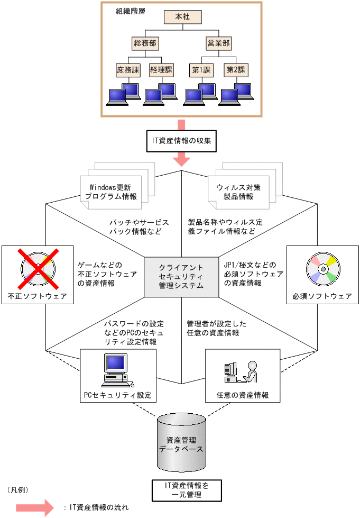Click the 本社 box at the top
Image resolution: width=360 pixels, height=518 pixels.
[182, 16]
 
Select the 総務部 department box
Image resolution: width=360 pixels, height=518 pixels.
[146, 42]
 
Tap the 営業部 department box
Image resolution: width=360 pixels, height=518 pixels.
[219, 42]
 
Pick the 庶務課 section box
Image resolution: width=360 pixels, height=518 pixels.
[127, 69]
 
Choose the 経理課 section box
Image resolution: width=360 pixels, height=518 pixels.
[161, 69]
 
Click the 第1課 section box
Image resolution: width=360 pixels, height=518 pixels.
[201, 69]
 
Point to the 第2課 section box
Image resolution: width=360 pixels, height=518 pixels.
[236, 69]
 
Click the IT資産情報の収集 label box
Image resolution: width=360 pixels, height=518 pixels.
[181, 141]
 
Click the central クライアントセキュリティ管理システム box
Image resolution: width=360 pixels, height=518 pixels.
[181, 276]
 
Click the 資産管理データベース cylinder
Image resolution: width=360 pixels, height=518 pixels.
[181, 443]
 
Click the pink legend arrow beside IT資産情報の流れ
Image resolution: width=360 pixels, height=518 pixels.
[35, 507]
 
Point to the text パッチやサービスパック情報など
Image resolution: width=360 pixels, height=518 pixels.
[140, 227]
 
